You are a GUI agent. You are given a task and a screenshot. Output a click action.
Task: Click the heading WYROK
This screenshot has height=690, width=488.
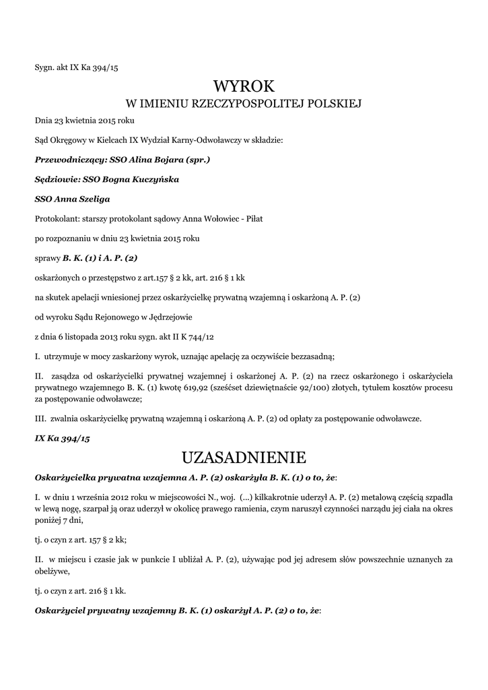[x=244, y=86]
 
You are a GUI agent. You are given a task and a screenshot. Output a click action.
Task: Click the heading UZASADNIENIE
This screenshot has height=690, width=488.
[x=244, y=458]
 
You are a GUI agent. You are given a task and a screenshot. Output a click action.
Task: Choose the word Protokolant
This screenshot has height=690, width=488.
[x=56, y=218]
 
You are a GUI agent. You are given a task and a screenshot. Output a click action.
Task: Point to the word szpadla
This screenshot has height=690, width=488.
[x=438, y=497]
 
